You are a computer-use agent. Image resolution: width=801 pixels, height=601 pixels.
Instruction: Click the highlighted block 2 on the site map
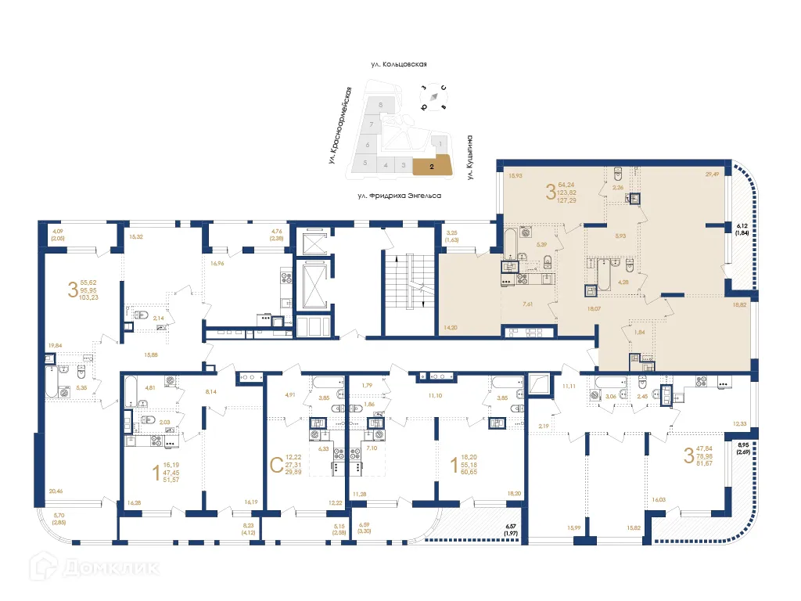pos(433,166)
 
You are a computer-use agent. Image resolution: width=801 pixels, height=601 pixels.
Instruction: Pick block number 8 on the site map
pos(381,104)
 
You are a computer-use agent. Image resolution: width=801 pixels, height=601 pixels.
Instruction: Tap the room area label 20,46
pos(55,491)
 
